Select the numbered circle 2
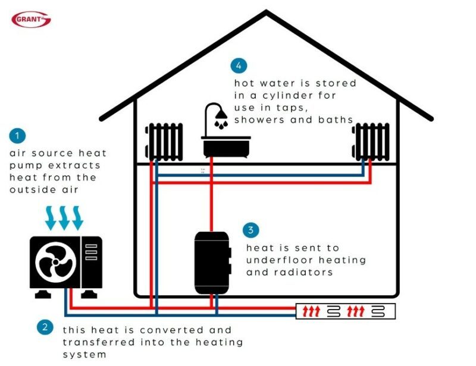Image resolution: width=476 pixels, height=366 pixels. [45, 326]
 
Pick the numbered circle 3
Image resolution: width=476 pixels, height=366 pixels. [251, 230]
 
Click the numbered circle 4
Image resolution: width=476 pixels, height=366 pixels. [239, 65]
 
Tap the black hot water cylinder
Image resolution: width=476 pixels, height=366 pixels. [212, 262]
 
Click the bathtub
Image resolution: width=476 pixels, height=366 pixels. [226, 144]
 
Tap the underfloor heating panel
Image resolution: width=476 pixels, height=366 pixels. [345, 311]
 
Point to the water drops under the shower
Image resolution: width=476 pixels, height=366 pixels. [221, 125]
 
